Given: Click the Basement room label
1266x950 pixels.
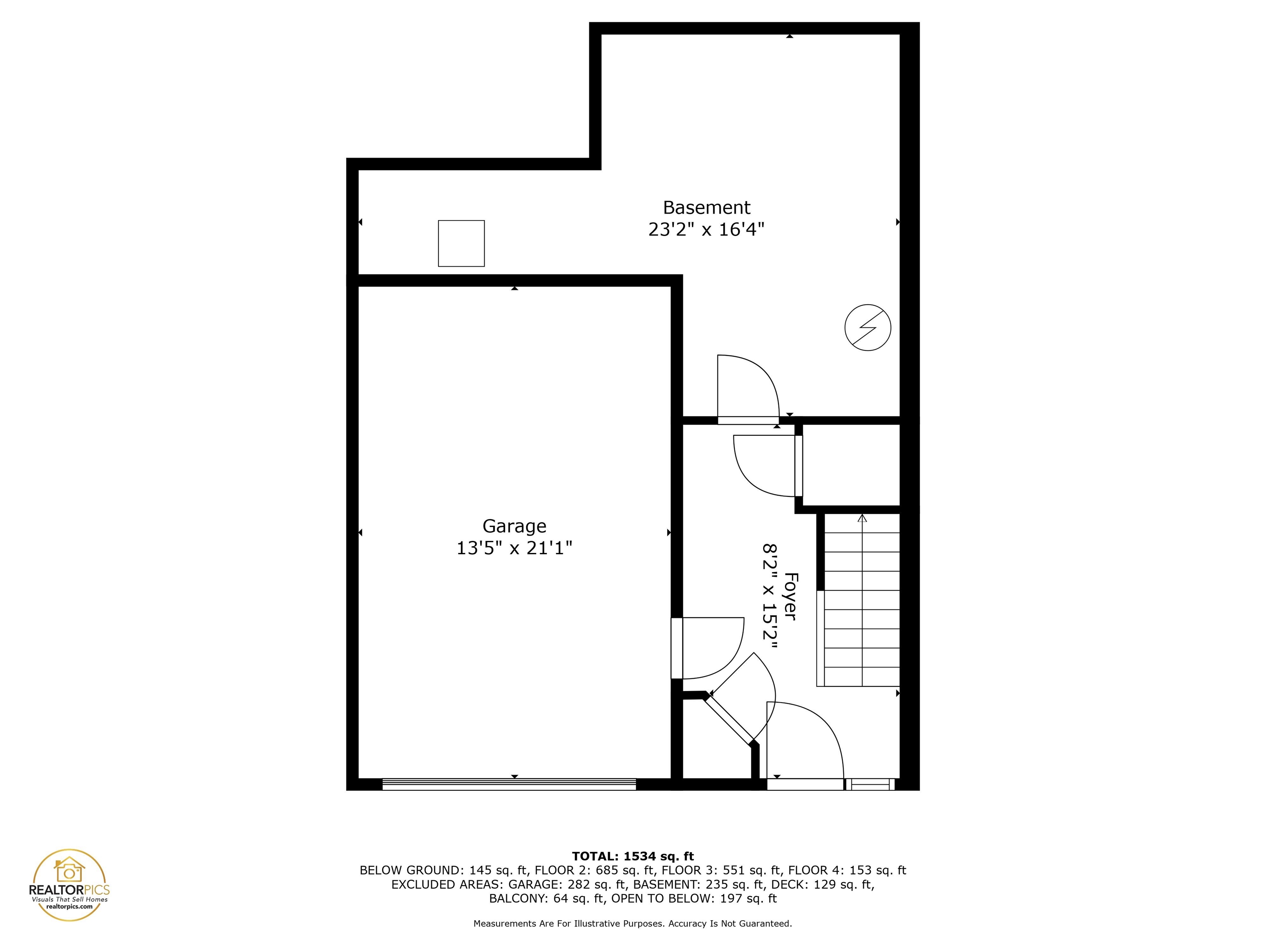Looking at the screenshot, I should point(706,207).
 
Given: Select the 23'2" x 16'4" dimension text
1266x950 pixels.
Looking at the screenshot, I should point(706,230).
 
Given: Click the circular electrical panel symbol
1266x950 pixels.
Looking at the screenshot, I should point(867,327).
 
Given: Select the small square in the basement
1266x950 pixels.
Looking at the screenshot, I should point(461,243).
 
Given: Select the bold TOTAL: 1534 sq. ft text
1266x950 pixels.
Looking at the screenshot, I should point(633,856).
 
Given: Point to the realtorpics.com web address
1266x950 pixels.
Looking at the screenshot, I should point(69,906).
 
